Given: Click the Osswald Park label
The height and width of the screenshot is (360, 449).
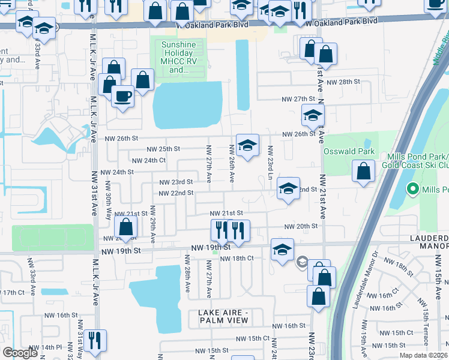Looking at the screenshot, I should tap(349, 152).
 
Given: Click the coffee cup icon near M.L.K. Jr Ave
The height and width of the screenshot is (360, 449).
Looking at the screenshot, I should tap(122, 96).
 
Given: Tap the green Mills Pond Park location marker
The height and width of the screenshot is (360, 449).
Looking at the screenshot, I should tap(412, 190).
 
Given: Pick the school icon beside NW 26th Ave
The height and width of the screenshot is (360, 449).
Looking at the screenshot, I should tap(247, 145).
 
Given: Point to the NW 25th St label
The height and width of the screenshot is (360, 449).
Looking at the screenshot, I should tap(163, 149).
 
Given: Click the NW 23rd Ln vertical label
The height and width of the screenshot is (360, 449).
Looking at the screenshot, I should tap(271, 161).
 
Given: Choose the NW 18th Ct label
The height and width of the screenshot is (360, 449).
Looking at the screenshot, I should tap(237, 258).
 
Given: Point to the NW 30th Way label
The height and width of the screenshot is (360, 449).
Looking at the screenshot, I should tap(109, 206).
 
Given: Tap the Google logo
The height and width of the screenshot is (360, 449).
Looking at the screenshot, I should tap(20, 353).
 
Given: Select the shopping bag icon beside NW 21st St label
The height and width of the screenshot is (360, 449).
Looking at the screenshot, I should tap(125, 227).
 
